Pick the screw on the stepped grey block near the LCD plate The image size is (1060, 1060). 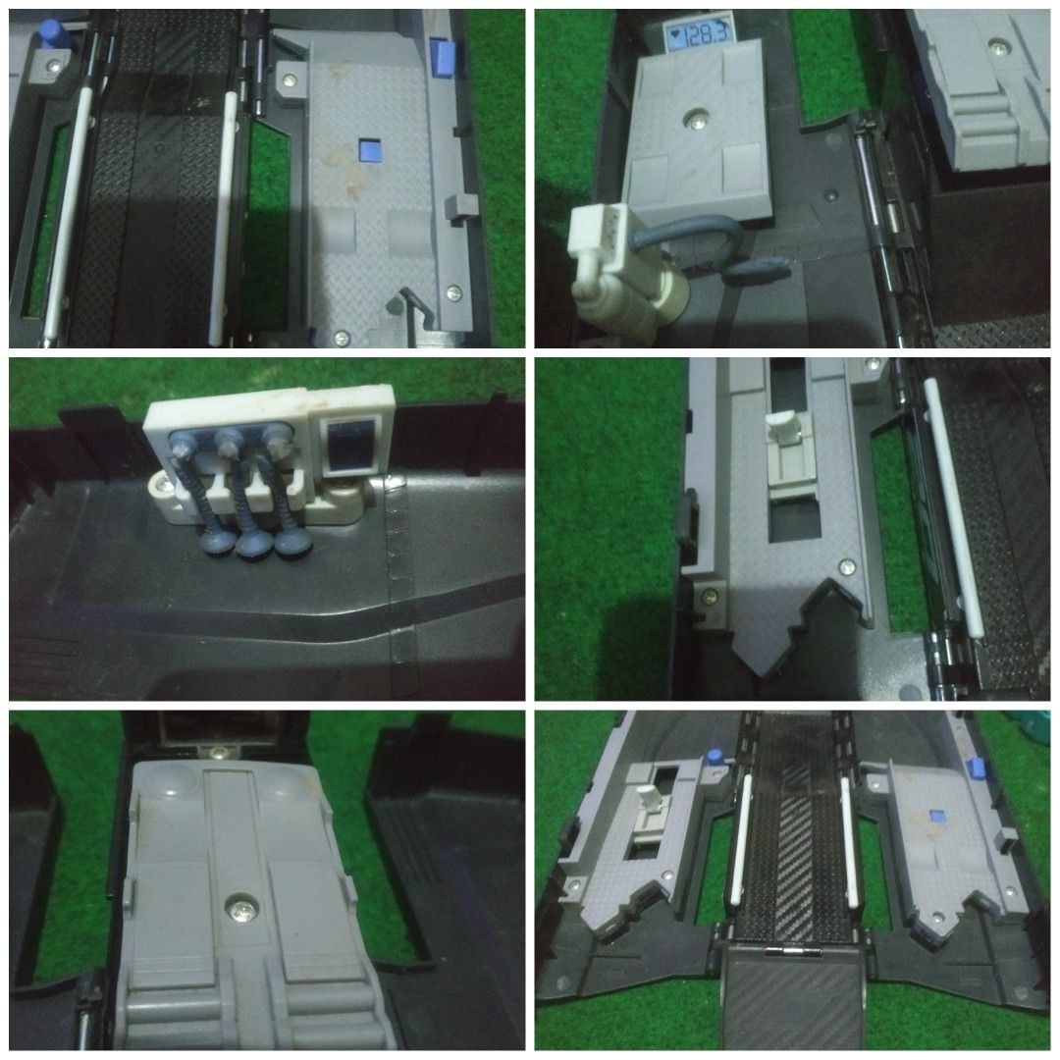tap(997, 46)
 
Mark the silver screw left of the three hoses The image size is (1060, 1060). tap(161, 484)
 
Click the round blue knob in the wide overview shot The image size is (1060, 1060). tap(715, 758)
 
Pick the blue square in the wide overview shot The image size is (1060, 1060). tap(936, 817)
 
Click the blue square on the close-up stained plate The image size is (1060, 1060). tap(369, 151)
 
